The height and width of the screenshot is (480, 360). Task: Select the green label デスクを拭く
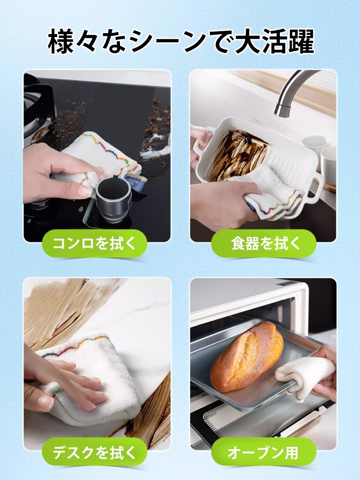[95, 452]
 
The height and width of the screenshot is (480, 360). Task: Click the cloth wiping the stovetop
[101, 154]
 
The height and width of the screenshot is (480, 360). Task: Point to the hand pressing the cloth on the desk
[62, 384]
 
